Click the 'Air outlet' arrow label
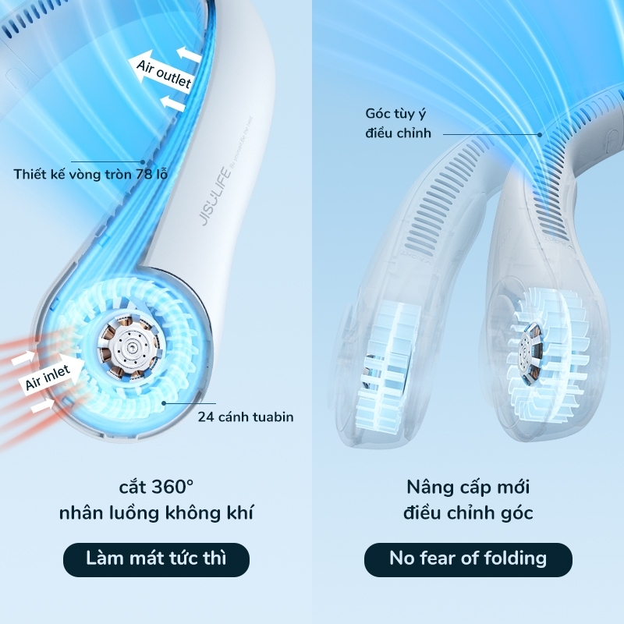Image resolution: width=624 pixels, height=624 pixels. [162, 72]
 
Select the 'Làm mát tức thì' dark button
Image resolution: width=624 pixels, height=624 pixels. [157, 559]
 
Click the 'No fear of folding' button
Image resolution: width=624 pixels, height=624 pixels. [468, 559]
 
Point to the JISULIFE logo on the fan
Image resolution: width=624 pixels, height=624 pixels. [215, 197]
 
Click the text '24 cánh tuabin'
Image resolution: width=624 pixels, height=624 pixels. [246, 417]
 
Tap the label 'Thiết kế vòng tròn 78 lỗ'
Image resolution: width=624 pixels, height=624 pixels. [90, 174]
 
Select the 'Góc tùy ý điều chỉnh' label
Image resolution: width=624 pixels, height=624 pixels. [398, 123]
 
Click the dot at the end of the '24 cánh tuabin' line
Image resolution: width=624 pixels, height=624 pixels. [164, 403]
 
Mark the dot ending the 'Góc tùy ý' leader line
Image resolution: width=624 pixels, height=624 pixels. [540, 134]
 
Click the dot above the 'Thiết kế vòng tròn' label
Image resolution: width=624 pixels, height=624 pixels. [143, 162]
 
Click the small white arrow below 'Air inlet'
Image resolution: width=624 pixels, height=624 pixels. [42, 406]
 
